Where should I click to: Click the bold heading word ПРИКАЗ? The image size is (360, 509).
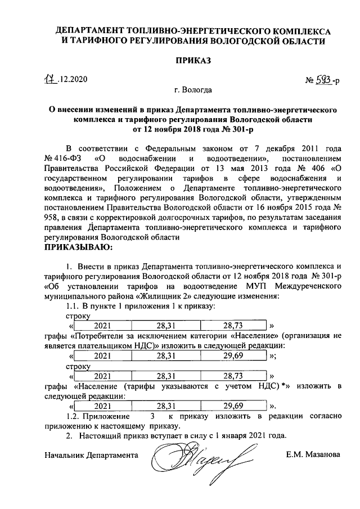[x=181, y=62]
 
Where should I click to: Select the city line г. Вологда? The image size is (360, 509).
[x=193, y=89]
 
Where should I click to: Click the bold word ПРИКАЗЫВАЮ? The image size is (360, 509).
[x=78, y=247]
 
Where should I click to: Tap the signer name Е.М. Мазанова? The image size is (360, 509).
[x=313, y=454]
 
